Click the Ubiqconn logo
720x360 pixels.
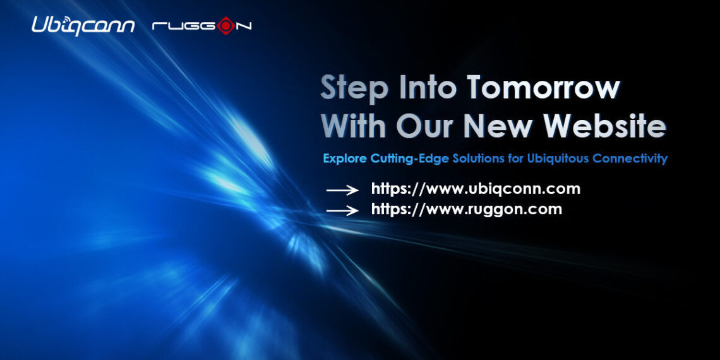pyautogui.click(x=83, y=25)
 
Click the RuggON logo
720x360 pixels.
pyautogui.click(x=202, y=26)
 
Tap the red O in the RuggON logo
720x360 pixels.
pyautogui.click(x=225, y=26)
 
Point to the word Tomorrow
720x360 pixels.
pyautogui.click(x=543, y=88)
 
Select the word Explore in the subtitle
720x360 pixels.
pyautogui.click(x=345, y=159)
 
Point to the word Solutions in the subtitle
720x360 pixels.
pyautogui.click(x=479, y=159)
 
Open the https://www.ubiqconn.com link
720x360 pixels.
pyautogui.click(x=476, y=189)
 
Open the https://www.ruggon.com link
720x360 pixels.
pyautogui.click(x=466, y=210)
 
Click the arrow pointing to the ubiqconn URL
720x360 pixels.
pyautogui.click(x=342, y=189)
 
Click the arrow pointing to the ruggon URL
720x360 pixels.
pyautogui.click(x=342, y=210)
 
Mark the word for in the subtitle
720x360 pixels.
pyautogui.click(x=515, y=159)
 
